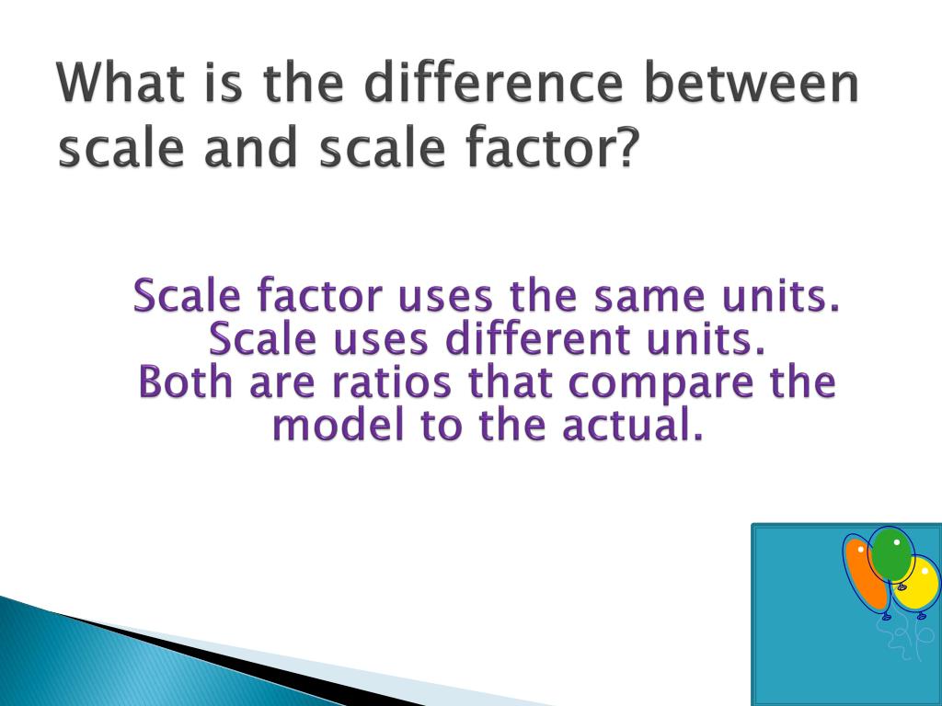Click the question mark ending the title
pyautogui.click(x=626, y=148)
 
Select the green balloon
pyautogui.click(x=891, y=554)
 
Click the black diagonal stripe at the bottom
pyautogui.click(x=230, y=657)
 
